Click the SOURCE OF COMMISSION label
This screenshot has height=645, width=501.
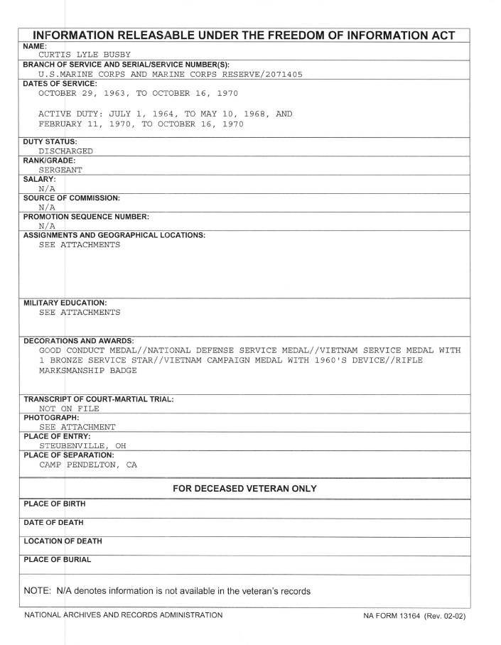tap(71, 197)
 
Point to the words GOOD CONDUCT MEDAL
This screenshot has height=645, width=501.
tap(87, 349)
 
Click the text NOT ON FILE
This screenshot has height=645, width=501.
tap(69, 408)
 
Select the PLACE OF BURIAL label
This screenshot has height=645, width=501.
tap(58, 560)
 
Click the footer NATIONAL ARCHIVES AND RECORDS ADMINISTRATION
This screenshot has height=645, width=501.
tap(123, 615)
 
